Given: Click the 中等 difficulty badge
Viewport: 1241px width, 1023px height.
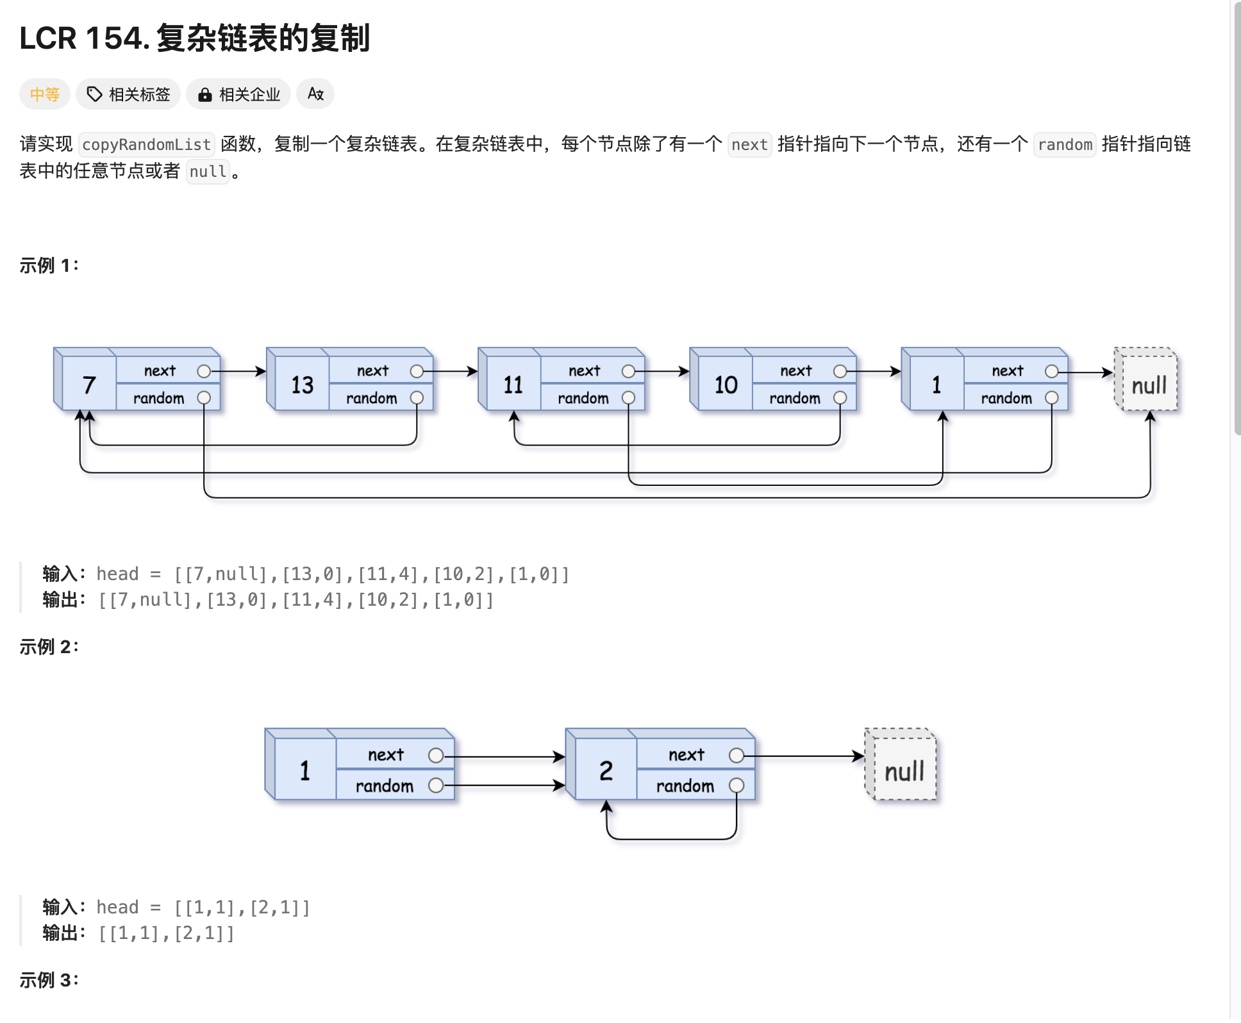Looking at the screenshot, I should [x=44, y=94].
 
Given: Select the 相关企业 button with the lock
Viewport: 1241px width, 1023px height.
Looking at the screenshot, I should [x=238, y=94].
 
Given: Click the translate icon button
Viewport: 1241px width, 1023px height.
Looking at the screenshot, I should [x=315, y=94].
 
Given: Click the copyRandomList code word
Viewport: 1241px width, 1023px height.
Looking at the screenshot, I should [x=146, y=144].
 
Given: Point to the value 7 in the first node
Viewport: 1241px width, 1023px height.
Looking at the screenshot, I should [x=89, y=385].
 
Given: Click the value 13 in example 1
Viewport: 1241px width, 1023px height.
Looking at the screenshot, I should [x=302, y=385].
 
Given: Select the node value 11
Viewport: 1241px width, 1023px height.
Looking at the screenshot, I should [x=513, y=385].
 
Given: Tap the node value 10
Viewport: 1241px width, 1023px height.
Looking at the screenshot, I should [x=726, y=385].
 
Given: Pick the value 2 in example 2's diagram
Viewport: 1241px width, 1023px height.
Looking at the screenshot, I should [x=606, y=770].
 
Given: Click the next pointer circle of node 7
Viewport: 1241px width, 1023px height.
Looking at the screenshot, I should [x=204, y=371].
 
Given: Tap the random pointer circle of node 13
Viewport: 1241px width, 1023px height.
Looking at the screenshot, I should [x=417, y=398].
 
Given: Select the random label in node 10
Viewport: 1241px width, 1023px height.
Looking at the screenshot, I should [x=795, y=398].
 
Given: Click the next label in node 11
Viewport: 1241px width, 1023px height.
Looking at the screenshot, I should [x=584, y=370].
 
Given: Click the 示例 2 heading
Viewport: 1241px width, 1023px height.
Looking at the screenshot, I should [x=49, y=647].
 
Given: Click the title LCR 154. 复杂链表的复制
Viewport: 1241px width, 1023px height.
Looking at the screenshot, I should [x=194, y=38].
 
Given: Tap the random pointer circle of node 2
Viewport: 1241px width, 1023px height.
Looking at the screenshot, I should [x=737, y=785].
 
